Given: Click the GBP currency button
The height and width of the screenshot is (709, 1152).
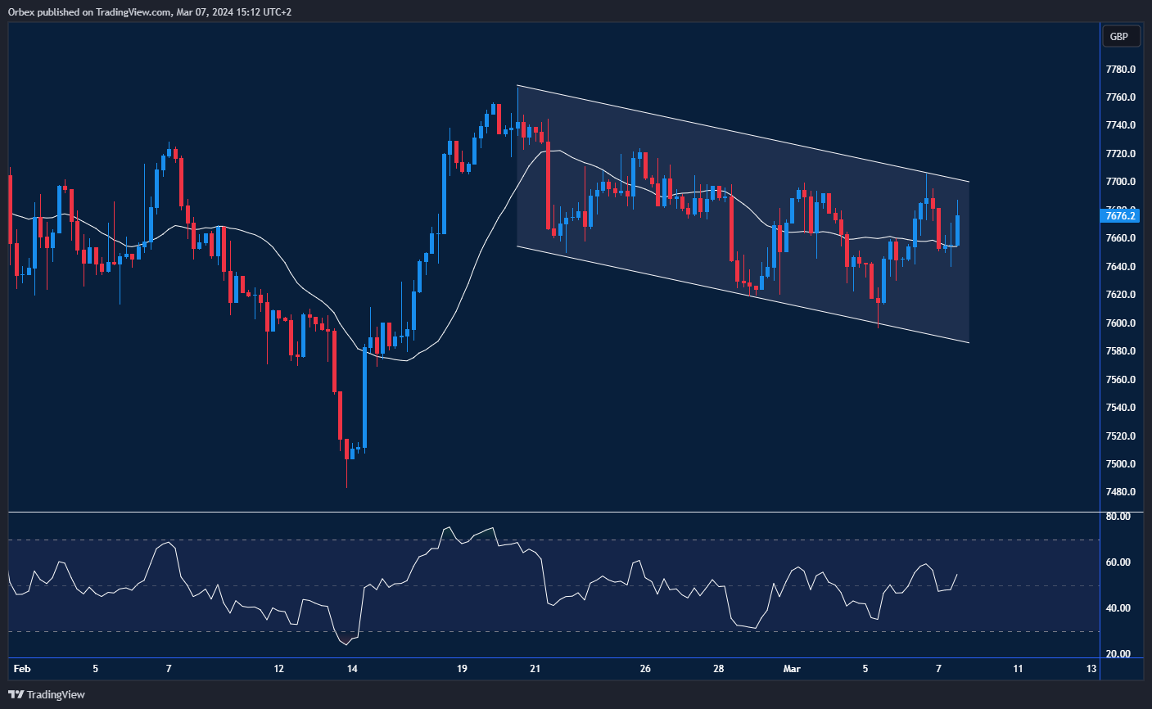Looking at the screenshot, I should click(x=1119, y=36).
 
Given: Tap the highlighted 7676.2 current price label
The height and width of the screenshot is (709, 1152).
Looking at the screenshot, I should click(x=1120, y=215).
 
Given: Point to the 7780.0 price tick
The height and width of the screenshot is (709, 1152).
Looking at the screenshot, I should click(x=1120, y=70).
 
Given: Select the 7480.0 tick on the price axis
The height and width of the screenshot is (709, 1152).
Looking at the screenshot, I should click(x=1120, y=492).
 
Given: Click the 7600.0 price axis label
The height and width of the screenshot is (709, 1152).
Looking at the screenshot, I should click(x=1120, y=323).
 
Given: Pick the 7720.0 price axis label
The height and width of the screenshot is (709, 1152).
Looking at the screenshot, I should click(x=1120, y=154).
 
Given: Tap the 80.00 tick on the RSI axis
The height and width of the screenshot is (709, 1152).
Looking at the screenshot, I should click(x=1118, y=517).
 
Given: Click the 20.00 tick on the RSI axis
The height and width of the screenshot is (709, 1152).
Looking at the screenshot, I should click(x=1118, y=654).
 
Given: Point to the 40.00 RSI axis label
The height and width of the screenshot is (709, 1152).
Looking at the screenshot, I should click(x=1118, y=608).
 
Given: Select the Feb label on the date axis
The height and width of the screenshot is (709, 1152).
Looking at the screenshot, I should click(x=22, y=669).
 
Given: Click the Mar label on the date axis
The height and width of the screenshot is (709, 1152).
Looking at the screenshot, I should click(x=792, y=669).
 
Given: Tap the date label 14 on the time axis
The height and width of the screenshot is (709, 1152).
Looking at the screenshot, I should click(x=352, y=669).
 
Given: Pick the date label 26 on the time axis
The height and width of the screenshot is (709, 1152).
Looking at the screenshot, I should click(x=645, y=669).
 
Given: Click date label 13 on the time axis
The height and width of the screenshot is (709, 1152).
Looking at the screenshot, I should click(x=1091, y=669).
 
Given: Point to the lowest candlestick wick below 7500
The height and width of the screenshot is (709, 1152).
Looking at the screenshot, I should click(x=346, y=483).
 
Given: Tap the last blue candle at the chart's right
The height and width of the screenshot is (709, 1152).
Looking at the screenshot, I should click(x=957, y=230).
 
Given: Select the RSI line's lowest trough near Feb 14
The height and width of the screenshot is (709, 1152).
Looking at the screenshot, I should click(x=347, y=644).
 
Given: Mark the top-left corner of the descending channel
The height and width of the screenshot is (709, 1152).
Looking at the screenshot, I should click(x=517, y=85).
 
